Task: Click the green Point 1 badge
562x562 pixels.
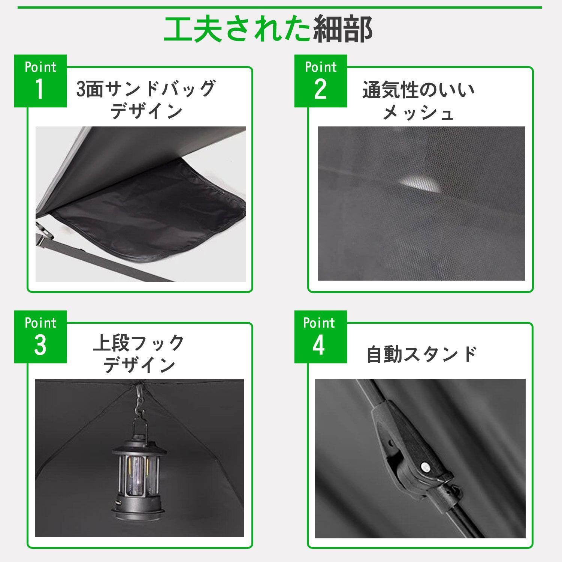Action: (40, 81)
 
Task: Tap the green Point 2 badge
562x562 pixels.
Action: (321, 81)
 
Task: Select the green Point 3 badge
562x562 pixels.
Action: (40, 337)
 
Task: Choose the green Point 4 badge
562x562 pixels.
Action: (321, 337)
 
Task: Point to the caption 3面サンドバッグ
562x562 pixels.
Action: (146, 89)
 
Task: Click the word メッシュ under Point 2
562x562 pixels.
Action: (418, 112)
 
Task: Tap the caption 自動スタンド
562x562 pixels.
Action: (421, 354)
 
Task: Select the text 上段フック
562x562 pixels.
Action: (139, 343)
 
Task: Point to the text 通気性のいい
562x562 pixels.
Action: (419, 90)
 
